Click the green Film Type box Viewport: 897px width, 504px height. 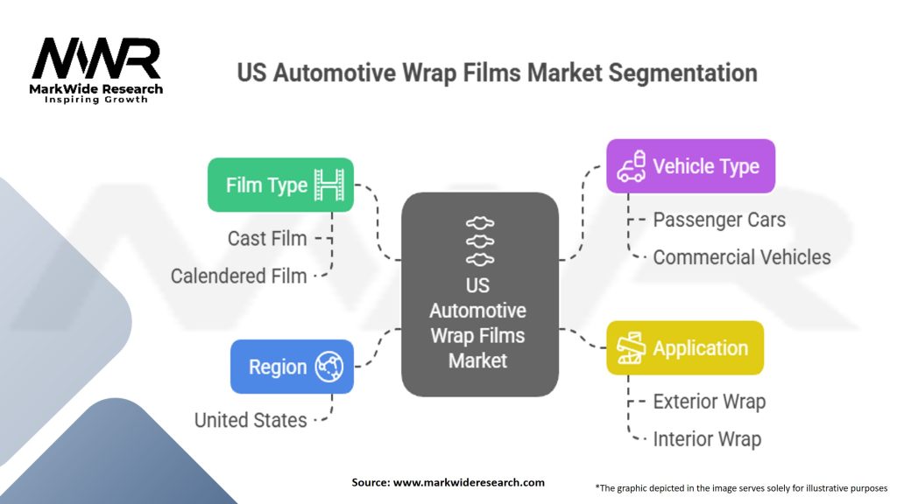280,185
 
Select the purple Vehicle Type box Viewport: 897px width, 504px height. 690,166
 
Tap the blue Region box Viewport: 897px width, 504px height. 292,367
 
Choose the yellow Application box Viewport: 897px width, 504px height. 685,348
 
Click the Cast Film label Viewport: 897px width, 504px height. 267,238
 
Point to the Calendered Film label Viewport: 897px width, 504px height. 238,276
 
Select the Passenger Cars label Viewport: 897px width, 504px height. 719,220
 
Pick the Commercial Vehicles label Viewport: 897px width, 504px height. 741,257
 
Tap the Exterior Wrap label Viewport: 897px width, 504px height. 709,402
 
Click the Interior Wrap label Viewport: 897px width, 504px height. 707,439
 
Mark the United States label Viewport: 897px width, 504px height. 251,420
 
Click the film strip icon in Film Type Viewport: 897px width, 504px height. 329,185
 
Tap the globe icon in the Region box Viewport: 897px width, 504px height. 329,367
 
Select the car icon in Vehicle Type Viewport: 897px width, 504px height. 631,166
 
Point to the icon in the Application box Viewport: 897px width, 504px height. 631,348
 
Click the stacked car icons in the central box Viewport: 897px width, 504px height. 479,241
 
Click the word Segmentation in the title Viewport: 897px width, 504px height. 682,73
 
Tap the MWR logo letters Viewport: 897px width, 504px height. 96,58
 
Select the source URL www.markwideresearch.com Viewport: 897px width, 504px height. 469,482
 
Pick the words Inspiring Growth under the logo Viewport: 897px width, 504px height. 96,100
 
